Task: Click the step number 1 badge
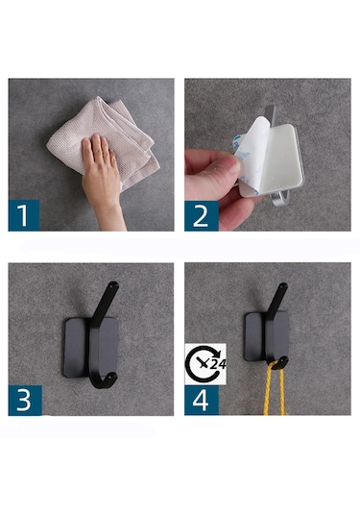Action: (24, 215)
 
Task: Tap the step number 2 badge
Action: (202, 216)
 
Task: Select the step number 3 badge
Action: (25, 401)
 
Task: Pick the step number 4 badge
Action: (202, 401)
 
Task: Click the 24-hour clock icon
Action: (205, 364)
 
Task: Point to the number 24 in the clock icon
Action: (218, 364)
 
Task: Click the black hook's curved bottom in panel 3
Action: (105, 381)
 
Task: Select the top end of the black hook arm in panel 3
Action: (114, 284)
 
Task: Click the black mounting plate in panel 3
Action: (75, 348)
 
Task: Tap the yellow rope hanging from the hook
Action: (276, 390)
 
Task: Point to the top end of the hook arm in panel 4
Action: (283, 286)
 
